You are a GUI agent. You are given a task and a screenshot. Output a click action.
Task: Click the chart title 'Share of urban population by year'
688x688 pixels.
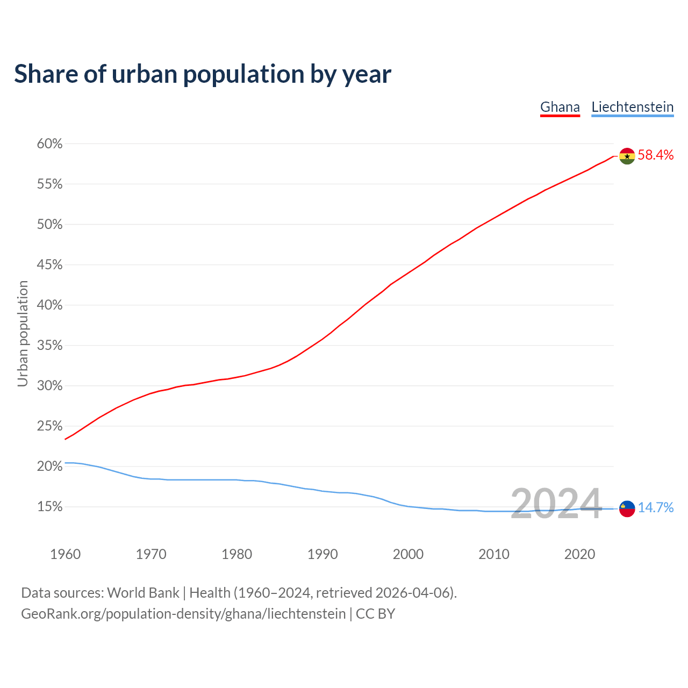(x=203, y=74)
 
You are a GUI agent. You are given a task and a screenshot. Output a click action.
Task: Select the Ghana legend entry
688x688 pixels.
(x=560, y=107)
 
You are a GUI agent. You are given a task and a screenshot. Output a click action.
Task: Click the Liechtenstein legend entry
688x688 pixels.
(x=632, y=107)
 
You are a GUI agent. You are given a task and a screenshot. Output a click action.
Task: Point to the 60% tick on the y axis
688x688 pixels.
(x=49, y=144)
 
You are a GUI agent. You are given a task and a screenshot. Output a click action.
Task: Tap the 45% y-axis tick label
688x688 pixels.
(x=49, y=265)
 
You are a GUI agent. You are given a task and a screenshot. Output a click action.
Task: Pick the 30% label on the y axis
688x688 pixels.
(x=49, y=386)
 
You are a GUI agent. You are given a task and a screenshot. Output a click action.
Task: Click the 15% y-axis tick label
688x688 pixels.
(x=49, y=507)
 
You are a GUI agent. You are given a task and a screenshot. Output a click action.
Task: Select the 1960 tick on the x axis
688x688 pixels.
(x=65, y=554)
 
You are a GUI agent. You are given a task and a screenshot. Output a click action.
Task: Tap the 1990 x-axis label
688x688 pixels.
(x=322, y=554)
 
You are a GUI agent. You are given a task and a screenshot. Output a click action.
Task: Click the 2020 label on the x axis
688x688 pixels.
(x=579, y=554)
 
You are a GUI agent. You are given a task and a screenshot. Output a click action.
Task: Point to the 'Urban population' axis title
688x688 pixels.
(x=23, y=333)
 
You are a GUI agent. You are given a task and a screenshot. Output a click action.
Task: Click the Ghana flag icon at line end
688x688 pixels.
(x=627, y=156)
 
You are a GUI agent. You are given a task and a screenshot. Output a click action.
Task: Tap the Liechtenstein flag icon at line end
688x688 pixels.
(x=627, y=508)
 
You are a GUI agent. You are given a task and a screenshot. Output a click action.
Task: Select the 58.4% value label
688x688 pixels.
(x=655, y=155)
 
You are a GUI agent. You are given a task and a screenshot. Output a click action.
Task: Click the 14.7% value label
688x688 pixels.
(x=655, y=508)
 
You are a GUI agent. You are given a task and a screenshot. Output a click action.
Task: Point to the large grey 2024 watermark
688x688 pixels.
(x=556, y=504)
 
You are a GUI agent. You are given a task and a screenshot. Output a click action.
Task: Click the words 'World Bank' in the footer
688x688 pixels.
(x=143, y=593)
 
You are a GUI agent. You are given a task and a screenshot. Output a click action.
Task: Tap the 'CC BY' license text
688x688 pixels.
(x=375, y=614)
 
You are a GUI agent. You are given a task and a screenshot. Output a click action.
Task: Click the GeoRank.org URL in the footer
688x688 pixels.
(x=183, y=614)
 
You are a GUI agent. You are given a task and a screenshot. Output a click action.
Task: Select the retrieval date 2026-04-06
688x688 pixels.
(x=414, y=593)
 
